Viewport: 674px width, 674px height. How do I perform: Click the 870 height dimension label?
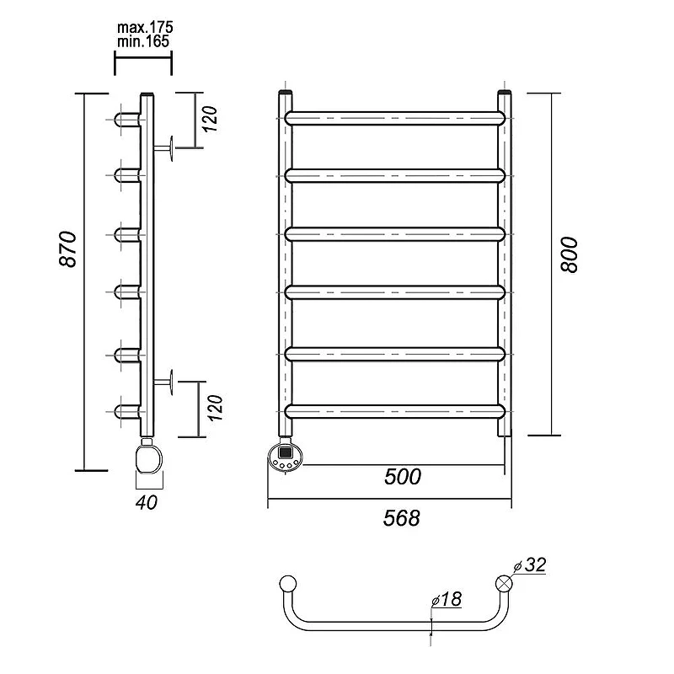tap(68, 249)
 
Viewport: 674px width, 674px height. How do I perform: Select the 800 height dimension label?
tap(570, 254)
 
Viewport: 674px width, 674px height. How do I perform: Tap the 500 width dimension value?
tap(403, 477)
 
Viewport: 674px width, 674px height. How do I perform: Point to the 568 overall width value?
tap(402, 518)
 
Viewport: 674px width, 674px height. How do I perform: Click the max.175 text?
tap(145, 28)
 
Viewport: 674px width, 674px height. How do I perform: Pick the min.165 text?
tap(143, 41)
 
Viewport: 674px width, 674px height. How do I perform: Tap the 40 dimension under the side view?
tap(147, 502)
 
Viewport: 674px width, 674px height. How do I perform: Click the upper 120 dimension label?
tap(210, 119)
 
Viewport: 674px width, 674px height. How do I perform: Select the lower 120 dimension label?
tap(215, 408)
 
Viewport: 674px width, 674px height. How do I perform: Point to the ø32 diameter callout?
tap(530, 564)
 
